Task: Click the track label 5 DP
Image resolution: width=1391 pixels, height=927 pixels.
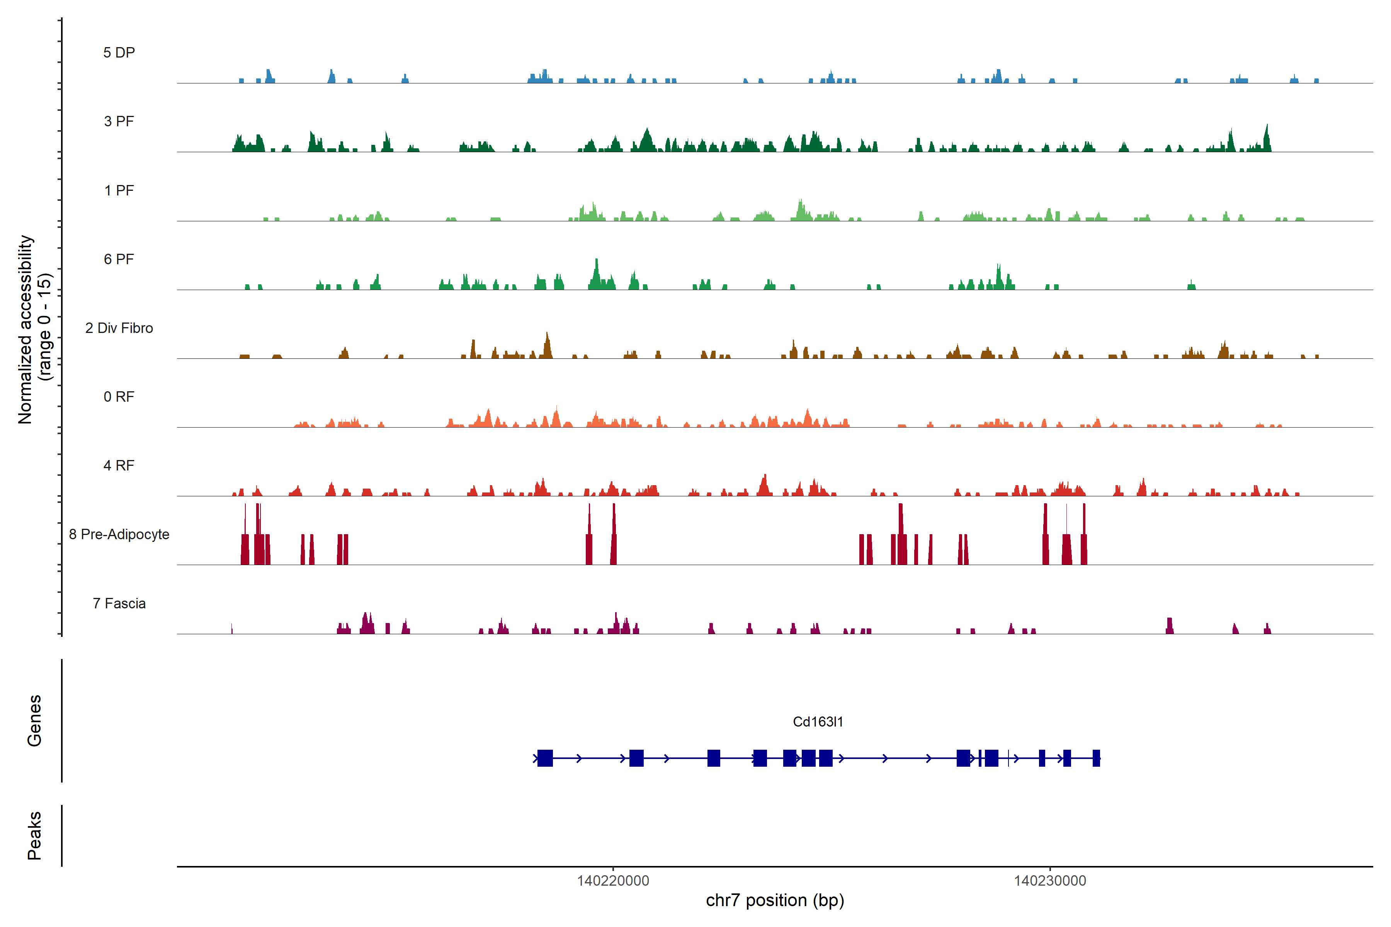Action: coord(119,53)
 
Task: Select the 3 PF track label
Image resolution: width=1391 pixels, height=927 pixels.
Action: coord(119,121)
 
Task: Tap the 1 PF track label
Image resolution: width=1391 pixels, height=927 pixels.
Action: coord(119,190)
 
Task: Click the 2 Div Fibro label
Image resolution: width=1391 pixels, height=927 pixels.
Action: coord(119,328)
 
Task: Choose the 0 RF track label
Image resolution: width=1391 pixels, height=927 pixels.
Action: coord(119,397)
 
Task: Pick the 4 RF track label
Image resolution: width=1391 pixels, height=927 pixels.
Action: coord(119,465)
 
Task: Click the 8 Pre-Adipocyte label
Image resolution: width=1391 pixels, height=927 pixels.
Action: coord(119,535)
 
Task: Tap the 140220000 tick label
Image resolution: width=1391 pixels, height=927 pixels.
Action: coord(613,881)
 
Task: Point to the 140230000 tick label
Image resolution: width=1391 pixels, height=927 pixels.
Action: coord(1050,881)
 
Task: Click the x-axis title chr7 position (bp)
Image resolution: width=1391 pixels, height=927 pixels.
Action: coord(775,900)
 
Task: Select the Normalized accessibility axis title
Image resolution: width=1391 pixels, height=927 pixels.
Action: coord(34,329)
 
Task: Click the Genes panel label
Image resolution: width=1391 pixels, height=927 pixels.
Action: coord(34,721)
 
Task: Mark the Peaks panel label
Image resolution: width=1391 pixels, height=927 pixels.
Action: coord(34,835)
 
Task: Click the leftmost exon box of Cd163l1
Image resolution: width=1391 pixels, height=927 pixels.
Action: coord(545,758)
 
